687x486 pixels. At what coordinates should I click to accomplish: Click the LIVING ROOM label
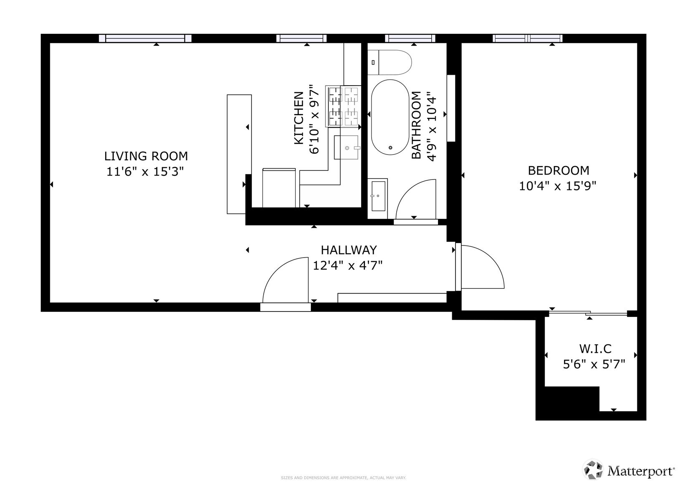[x=146, y=156]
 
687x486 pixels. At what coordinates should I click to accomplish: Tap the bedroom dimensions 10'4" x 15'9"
[x=557, y=186]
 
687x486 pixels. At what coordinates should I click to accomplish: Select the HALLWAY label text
[x=349, y=250]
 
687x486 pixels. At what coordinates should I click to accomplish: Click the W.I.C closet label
[x=595, y=349]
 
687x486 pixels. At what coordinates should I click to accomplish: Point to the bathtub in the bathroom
[x=390, y=117]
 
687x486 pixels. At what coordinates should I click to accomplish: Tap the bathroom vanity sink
[x=378, y=196]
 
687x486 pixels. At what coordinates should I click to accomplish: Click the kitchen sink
[x=346, y=147]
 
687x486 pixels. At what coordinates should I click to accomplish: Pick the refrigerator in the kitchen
[x=279, y=188]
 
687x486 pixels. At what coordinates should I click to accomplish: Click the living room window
[x=145, y=38]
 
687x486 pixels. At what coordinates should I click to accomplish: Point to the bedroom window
[x=528, y=38]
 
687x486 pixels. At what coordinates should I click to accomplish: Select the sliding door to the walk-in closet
[x=588, y=313]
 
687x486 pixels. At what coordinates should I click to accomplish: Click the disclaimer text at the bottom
[x=343, y=478]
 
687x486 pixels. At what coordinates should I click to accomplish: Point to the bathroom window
[x=410, y=38]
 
